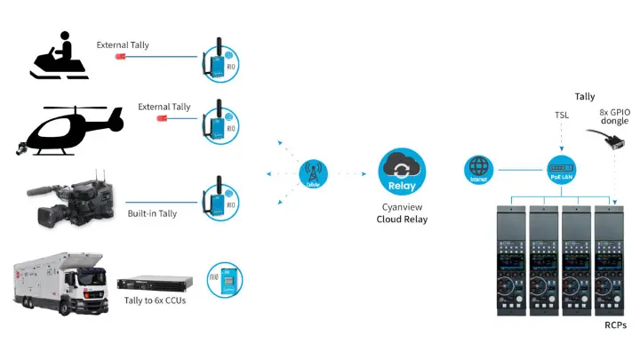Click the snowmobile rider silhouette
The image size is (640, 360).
60,58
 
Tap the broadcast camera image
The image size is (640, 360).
71,197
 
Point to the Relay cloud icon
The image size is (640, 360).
402,171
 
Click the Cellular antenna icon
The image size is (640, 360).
313,172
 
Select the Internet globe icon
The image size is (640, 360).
478,168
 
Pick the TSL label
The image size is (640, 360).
562,115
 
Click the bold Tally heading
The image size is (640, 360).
584,97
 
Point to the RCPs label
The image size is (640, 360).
615,325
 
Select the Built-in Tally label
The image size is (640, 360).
152,213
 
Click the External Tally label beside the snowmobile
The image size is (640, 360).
124,44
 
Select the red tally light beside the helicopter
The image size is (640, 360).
162,118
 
